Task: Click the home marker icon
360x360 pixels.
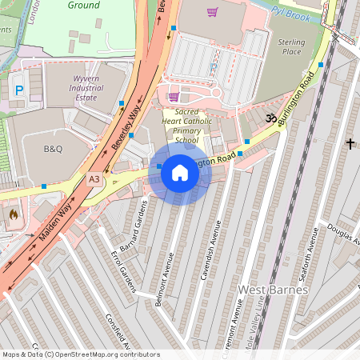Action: click(180, 172)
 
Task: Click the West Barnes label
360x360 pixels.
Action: click(273, 289)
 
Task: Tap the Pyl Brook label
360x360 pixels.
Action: click(290, 13)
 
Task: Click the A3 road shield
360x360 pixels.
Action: click(94, 180)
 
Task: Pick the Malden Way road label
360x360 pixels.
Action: click(54, 223)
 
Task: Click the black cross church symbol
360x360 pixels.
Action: click(350, 143)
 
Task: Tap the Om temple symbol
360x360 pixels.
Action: click(270, 118)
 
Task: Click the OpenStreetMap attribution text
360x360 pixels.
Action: click(80, 354)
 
